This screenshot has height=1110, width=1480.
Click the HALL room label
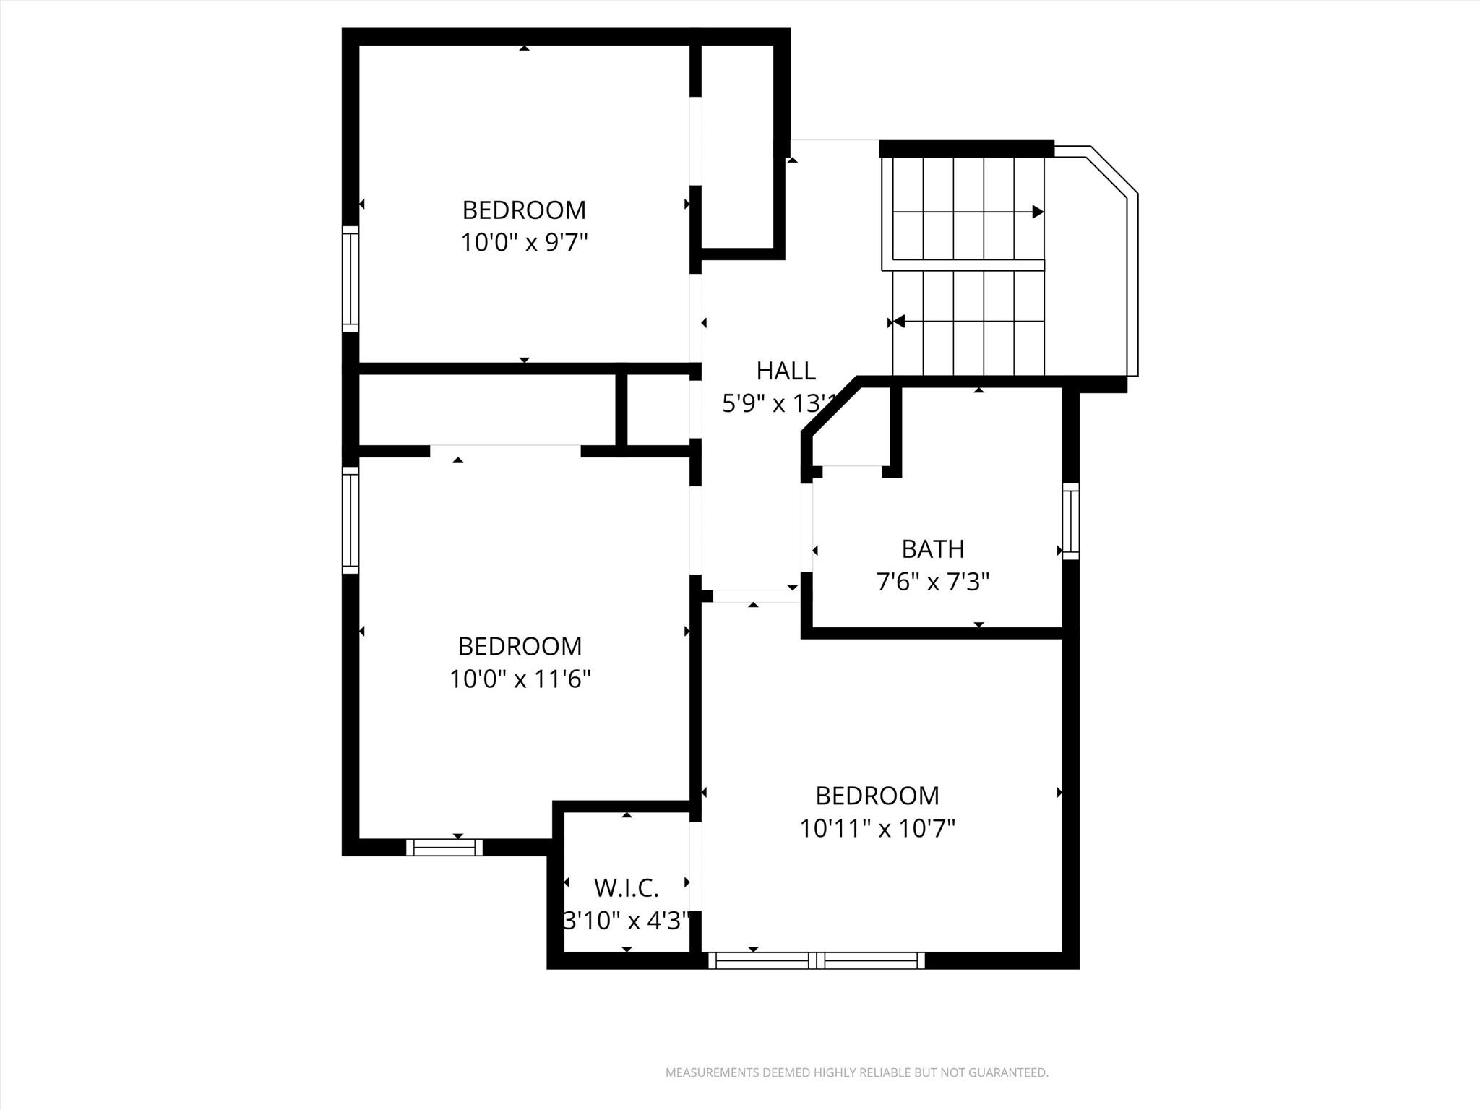click(x=786, y=371)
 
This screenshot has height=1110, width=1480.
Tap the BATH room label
click(x=932, y=549)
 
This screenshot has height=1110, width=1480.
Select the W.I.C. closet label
click(x=626, y=887)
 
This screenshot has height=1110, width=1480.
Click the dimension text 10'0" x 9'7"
click(x=524, y=243)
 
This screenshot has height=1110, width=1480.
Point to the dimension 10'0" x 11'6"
click(x=520, y=679)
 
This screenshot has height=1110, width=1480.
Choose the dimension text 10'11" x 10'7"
click(x=877, y=828)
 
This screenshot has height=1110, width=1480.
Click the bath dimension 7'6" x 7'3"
click(x=932, y=582)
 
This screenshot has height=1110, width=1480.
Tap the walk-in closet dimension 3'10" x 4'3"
click(x=627, y=921)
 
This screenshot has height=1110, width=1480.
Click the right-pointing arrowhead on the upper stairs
click(x=1038, y=212)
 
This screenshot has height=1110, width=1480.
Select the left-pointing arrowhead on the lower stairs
click(x=898, y=321)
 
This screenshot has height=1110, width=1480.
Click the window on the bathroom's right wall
click(x=1070, y=521)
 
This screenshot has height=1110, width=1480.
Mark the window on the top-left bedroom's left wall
click(x=350, y=279)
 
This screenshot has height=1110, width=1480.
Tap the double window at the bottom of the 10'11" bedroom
click(x=817, y=960)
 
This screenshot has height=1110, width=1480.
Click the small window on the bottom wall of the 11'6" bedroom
click(x=444, y=847)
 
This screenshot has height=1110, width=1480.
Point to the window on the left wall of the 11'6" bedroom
click(x=350, y=520)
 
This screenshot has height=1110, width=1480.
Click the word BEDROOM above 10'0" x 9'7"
click(x=524, y=210)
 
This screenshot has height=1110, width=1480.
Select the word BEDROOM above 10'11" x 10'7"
click(x=877, y=796)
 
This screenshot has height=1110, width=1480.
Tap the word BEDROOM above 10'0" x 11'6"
click(x=520, y=646)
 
